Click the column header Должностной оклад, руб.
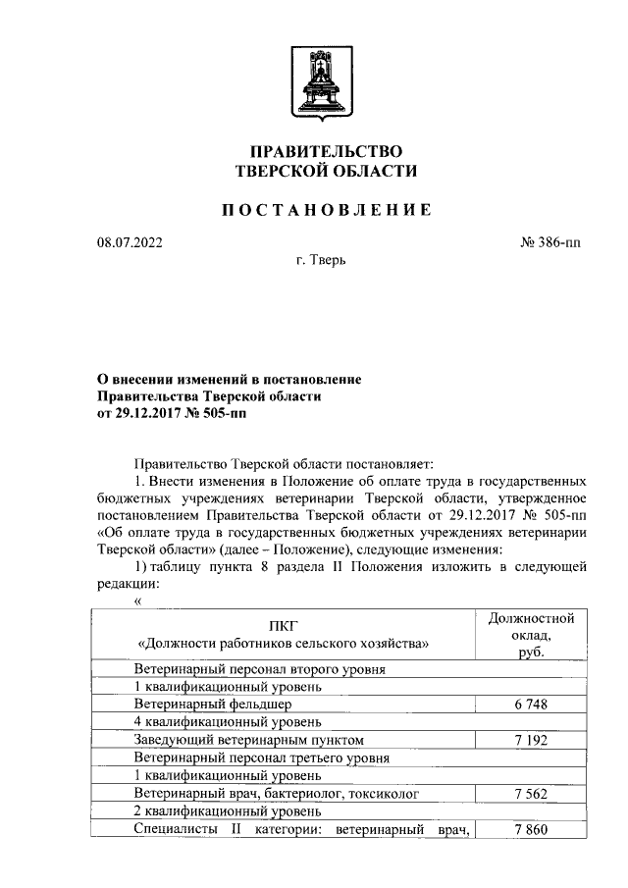pyautogui.click(x=531, y=635)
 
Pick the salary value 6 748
pyautogui.click(x=531, y=704)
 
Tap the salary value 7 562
pyautogui.click(x=531, y=793)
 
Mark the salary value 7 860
pyautogui.click(x=531, y=830)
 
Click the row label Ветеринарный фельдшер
pyautogui.click(x=212, y=704)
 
